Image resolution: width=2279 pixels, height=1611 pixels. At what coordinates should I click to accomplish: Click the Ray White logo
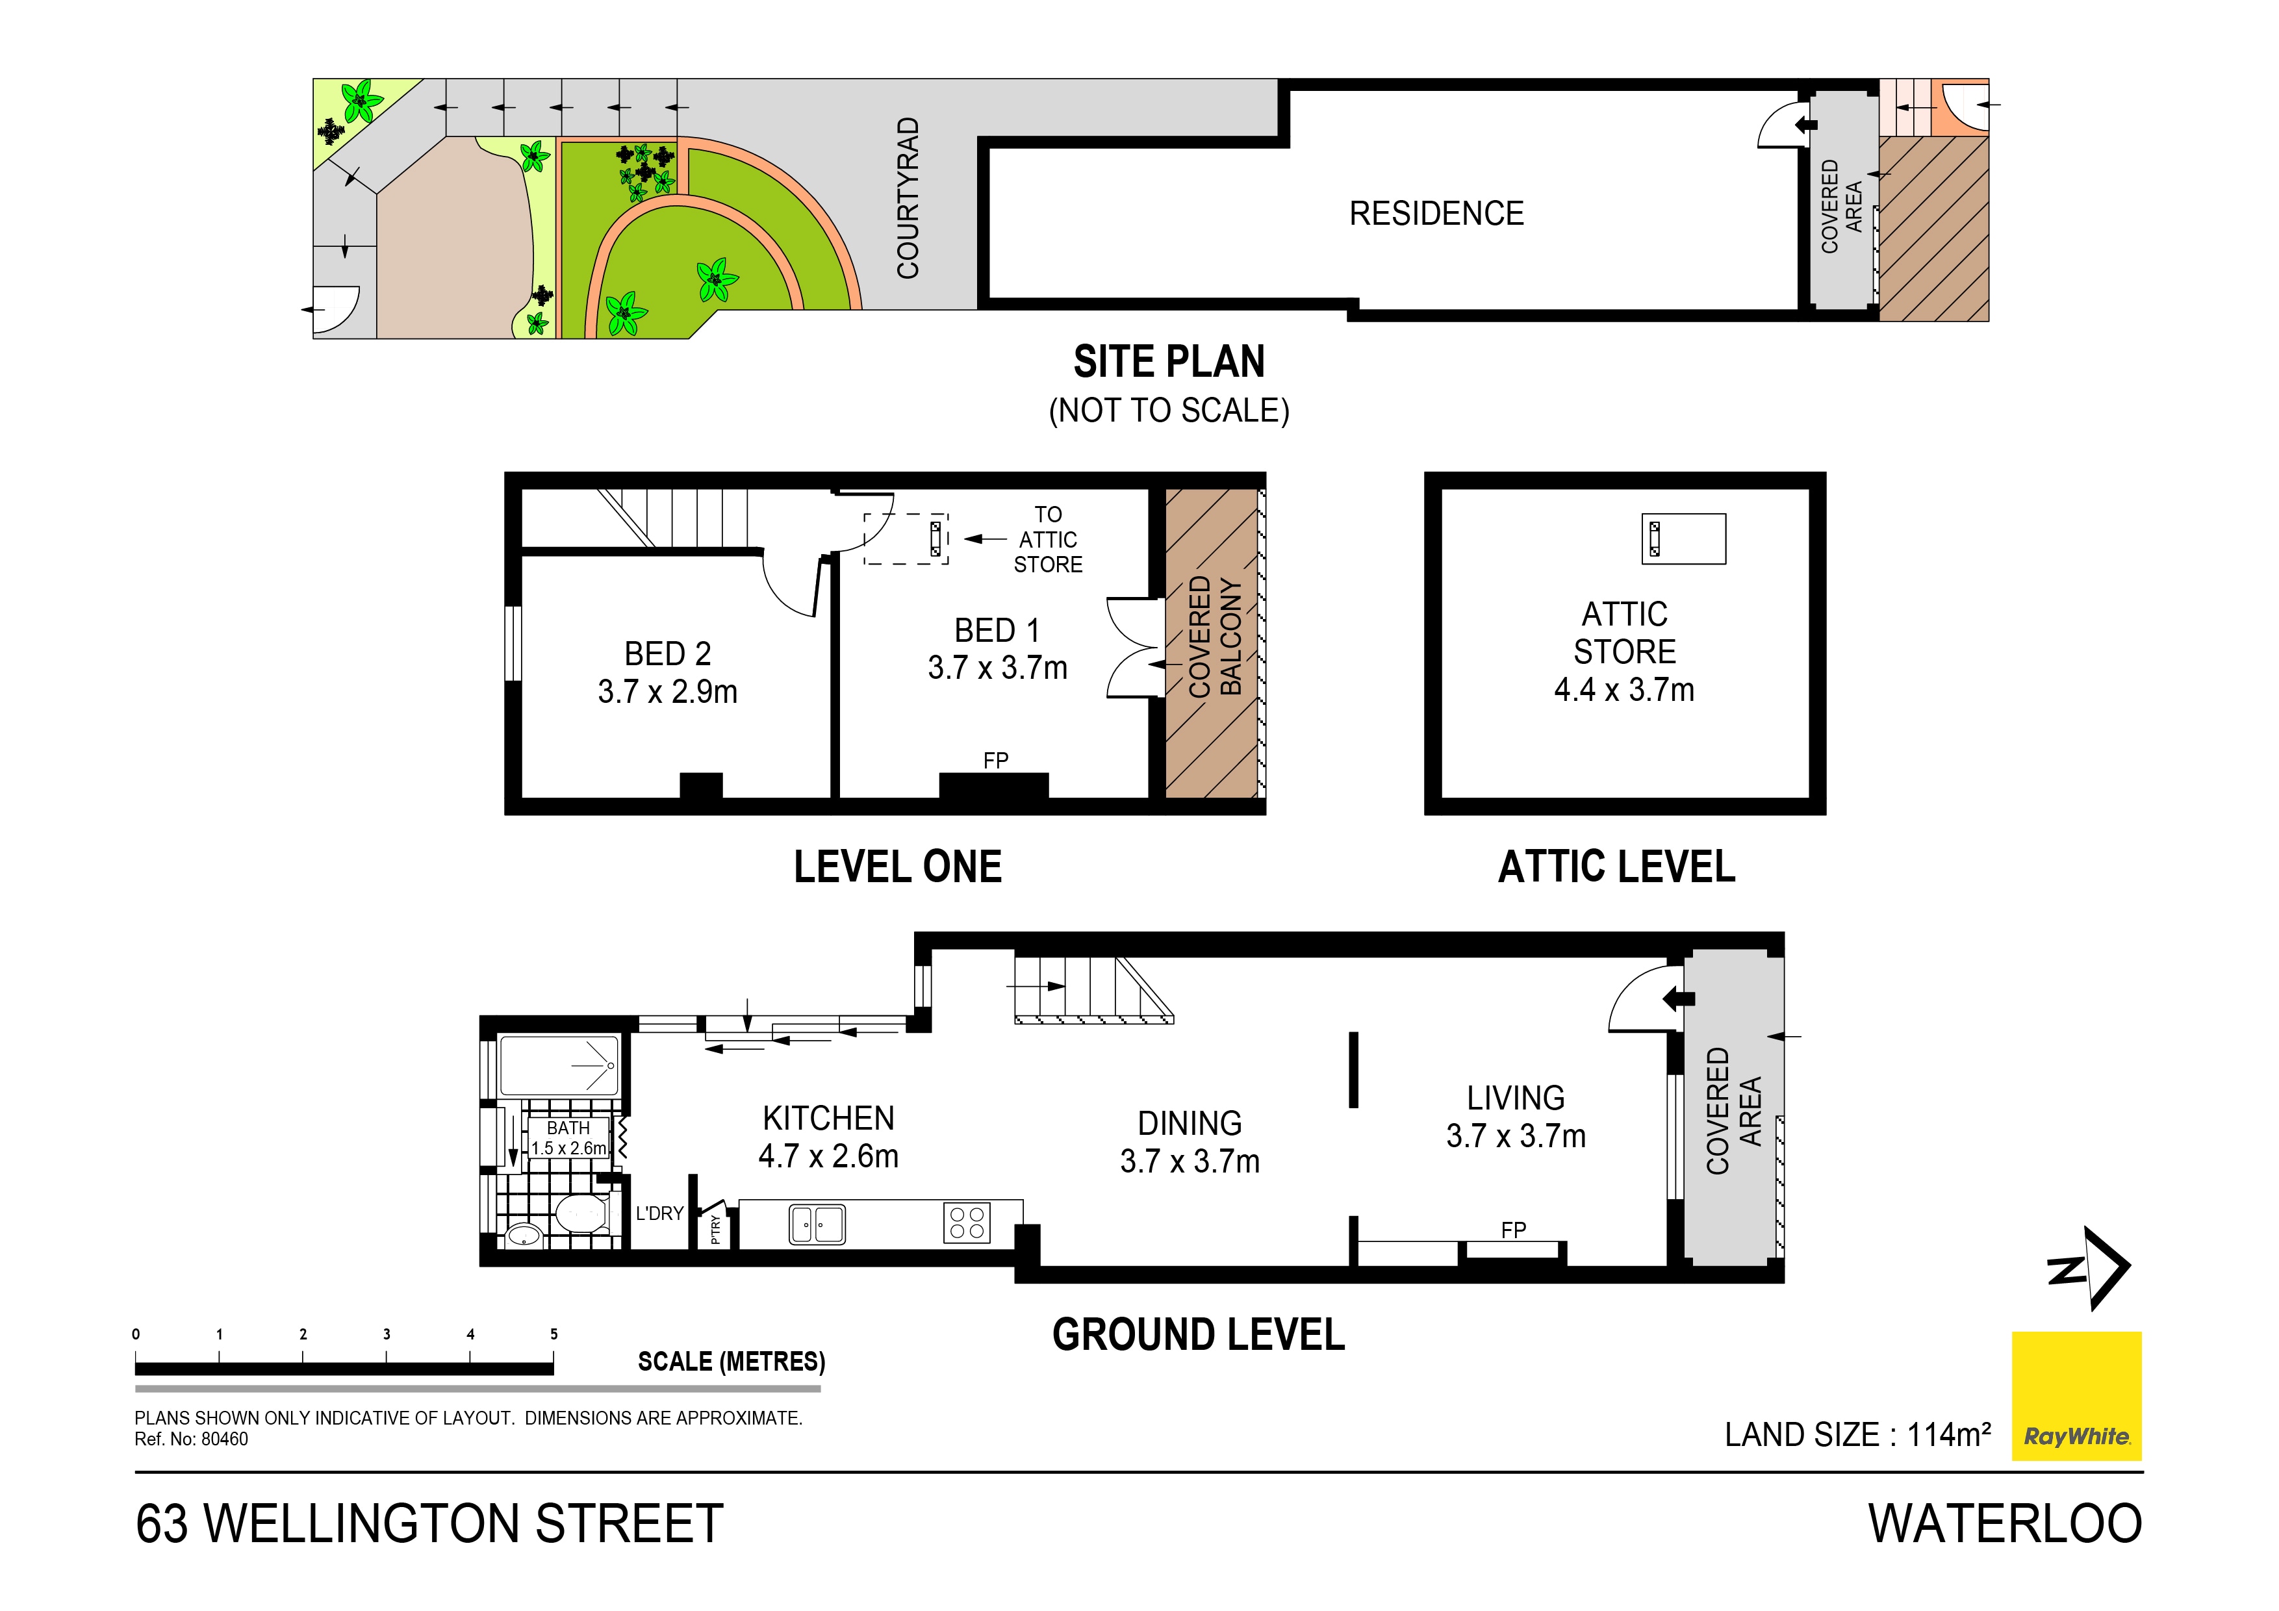point(2076,1395)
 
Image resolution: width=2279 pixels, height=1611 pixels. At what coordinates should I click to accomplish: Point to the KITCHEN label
point(828,1119)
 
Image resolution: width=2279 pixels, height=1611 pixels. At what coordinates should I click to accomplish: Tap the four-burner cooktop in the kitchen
point(966,1223)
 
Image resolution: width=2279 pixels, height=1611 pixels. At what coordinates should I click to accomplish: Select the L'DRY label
point(659,1213)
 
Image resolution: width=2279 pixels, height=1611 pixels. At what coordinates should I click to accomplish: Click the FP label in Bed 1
point(995,760)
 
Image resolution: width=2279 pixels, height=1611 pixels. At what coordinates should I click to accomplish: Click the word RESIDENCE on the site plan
point(1435,214)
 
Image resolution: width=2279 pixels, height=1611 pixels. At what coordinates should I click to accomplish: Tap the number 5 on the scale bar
point(554,1334)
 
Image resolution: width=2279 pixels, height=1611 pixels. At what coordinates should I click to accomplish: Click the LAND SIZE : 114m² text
point(1857,1436)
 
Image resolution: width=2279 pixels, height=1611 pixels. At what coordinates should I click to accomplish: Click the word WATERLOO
point(2004,1524)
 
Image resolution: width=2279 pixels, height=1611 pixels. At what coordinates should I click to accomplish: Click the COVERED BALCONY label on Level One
point(1214,636)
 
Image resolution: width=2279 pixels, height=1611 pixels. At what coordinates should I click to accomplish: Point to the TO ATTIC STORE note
point(1047,540)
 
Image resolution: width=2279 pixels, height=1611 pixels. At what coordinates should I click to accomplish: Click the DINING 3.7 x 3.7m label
point(1189,1141)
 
